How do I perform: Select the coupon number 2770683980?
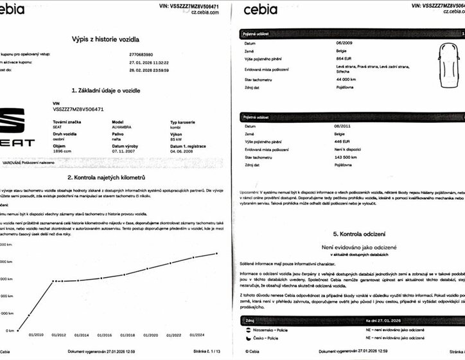[143, 55]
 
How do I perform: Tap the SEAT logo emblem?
[12, 122]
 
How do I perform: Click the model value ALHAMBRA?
[123, 127]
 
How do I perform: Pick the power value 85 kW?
[175, 139]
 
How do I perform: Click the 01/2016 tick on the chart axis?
[105, 335]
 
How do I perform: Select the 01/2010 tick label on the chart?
[37, 335]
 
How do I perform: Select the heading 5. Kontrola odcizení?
[349, 235]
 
